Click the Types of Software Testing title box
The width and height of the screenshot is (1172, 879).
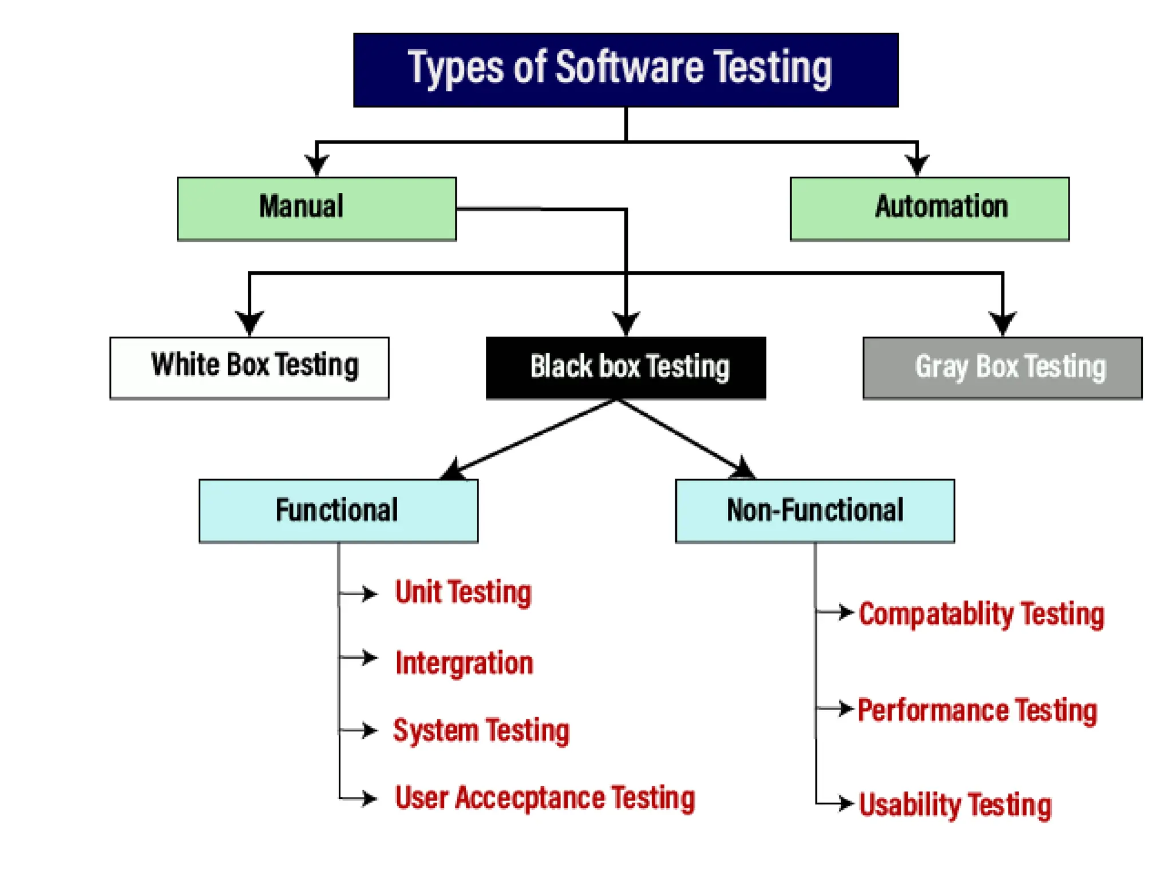(625, 70)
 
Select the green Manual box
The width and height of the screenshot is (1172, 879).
(316, 208)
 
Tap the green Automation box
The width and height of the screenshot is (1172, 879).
(929, 208)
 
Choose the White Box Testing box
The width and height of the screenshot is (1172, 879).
(250, 367)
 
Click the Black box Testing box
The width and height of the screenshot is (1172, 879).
(625, 367)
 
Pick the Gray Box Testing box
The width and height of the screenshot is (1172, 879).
(1002, 367)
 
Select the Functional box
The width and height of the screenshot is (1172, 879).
(338, 510)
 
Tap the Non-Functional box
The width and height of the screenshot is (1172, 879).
(815, 510)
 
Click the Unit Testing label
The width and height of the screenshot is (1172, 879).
(463, 592)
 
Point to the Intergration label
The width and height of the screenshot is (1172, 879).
(464, 663)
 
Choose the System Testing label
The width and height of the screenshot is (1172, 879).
(481, 731)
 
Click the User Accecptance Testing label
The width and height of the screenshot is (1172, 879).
(545, 798)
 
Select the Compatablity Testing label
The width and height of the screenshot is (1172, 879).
(981, 614)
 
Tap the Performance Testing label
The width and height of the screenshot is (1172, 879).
(977, 710)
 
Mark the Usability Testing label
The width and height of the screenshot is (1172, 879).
(955, 805)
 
